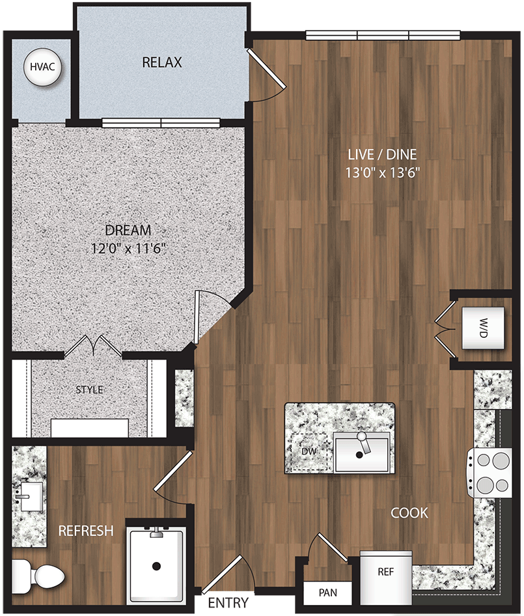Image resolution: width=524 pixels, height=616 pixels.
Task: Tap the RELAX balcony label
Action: [162, 63]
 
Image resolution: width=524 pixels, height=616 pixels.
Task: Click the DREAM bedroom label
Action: [128, 230]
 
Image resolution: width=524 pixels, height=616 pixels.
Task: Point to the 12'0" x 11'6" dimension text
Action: [132, 248]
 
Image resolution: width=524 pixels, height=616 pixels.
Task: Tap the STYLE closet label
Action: [90, 390]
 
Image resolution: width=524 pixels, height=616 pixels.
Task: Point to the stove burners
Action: [492, 471]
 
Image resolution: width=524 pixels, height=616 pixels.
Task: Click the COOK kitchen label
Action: [409, 513]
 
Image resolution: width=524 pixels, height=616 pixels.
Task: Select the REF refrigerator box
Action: [386, 573]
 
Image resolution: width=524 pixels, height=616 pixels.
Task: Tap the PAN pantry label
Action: [327, 593]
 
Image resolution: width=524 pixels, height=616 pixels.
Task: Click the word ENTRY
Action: [228, 604]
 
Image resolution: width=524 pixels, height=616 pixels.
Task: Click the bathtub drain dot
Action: [156, 567]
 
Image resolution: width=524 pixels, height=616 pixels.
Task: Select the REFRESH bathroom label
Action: [86, 531]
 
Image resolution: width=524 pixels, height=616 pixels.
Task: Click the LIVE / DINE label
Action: [383, 154]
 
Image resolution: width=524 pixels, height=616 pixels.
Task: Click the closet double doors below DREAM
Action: [93, 345]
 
